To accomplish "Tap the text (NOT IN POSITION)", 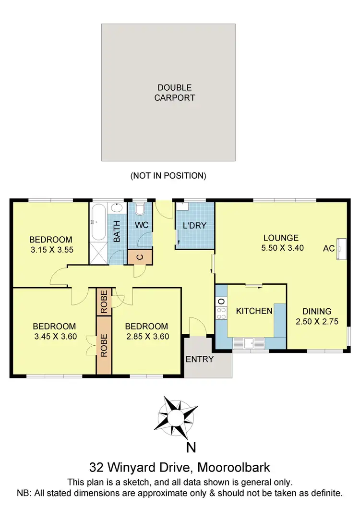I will click(168, 176).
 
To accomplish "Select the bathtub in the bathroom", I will click(98, 222).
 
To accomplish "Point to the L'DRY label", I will click(194, 225).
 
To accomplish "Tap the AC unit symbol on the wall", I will click(341, 248).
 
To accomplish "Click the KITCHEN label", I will click(254, 311).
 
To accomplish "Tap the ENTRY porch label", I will click(199, 359).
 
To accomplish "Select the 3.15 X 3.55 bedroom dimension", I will click(51, 250).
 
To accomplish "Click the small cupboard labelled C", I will click(140, 257).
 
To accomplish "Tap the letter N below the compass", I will click(191, 448).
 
